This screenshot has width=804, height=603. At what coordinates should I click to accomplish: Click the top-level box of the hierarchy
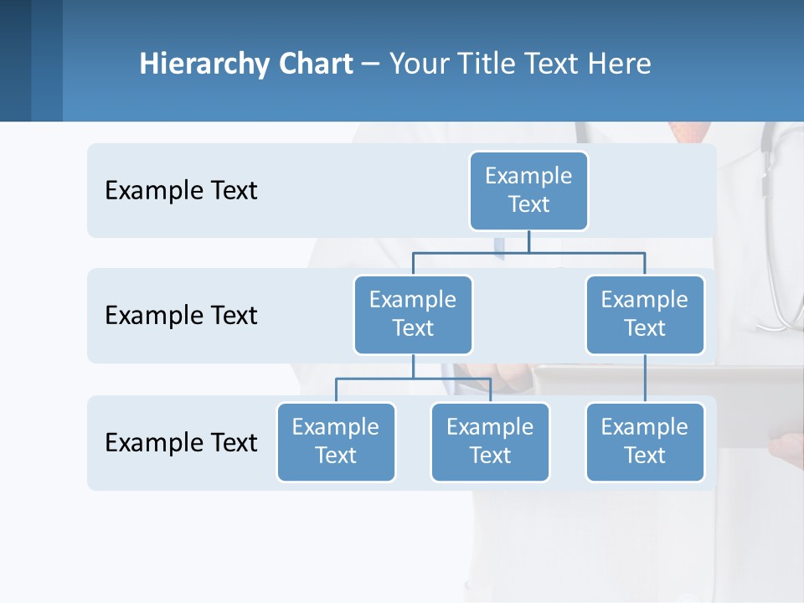pyautogui.click(x=528, y=190)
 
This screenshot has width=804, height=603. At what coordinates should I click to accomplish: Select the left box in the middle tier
pyautogui.click(x=413, y=314)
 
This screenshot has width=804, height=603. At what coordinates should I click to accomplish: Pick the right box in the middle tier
pyautogui.click(x=645, y=314)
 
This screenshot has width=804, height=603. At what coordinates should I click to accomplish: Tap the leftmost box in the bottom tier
pyautogui.click(x=336, y=441)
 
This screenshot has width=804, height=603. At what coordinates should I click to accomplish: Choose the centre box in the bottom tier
pyautogui.click(x=490, y=441)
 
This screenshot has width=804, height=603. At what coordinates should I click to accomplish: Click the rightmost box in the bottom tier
pyautogui.click(x=645, y=441)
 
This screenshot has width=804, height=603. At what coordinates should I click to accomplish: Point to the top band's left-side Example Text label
pyautogui.click(x=181, y=191)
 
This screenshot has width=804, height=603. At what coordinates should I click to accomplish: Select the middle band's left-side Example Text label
pyautogui.click(x=181, y=316)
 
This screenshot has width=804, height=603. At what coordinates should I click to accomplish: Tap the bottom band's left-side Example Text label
pyautogui.click(x=181, y=442)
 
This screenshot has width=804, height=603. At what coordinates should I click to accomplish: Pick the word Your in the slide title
pyautogui.click(x=420, y=64)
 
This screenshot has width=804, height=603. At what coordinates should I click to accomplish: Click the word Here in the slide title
pyautogui.click(x=619, y=64)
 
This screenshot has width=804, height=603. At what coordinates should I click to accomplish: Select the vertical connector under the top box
pyautogui.click(x=528, y=241)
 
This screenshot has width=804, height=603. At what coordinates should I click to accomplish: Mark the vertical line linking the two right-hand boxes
pyautogui.click(x=645, y=379)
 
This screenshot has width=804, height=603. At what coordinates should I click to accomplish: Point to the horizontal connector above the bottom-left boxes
pyautogui.click(x=413, y=379)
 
